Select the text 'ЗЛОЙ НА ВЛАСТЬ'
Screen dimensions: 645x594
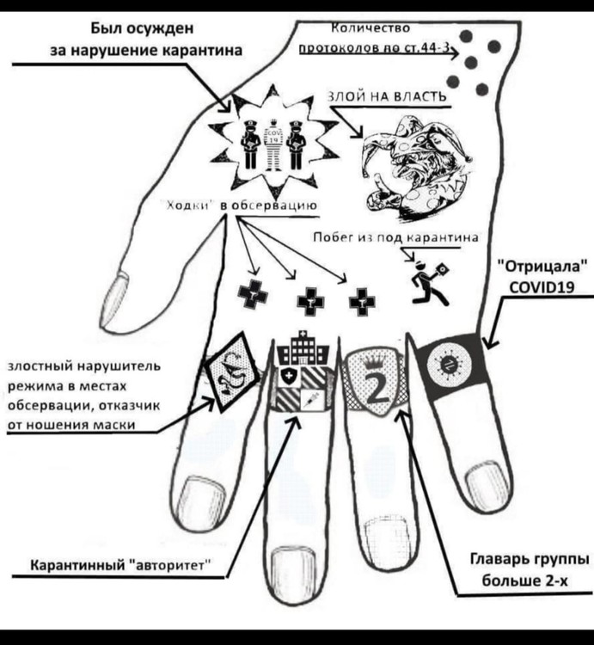(386, 97)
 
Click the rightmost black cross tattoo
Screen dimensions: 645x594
(362, 300)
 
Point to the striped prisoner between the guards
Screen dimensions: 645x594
(272, 143)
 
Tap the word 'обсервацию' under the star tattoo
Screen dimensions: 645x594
(279, 205)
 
